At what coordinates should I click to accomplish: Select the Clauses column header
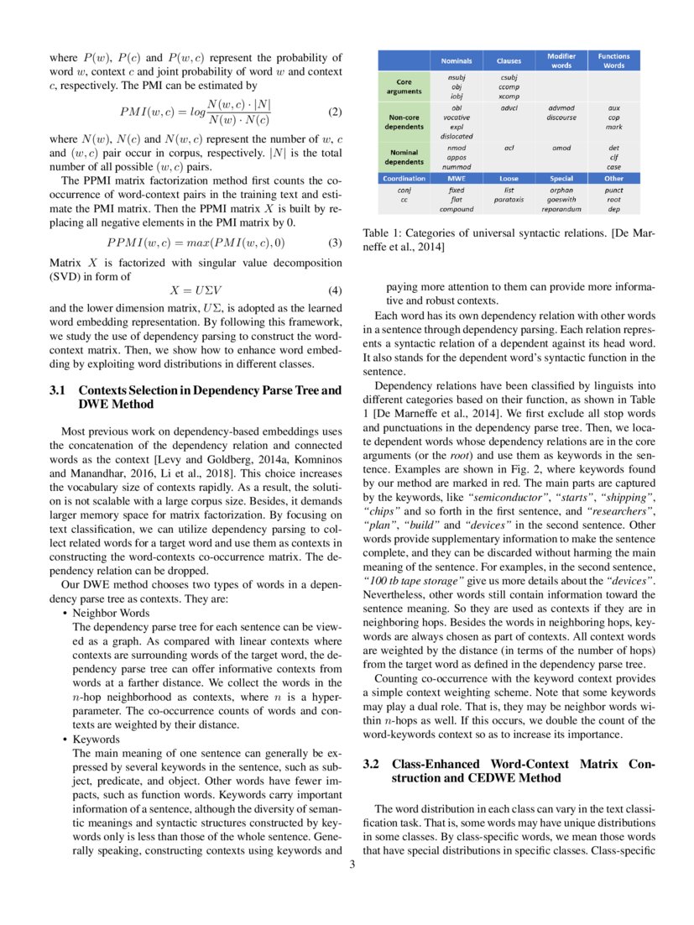509,61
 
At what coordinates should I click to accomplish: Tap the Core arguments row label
404,86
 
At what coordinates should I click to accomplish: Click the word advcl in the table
509,108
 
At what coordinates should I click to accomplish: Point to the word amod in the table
561,149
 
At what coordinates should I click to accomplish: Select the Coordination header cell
404,178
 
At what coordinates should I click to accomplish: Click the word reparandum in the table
561,208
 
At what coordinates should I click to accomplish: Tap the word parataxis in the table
509,199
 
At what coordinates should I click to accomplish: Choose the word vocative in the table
457,118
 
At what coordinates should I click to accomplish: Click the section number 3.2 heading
373,765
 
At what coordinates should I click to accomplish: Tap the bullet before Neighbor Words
65,614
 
